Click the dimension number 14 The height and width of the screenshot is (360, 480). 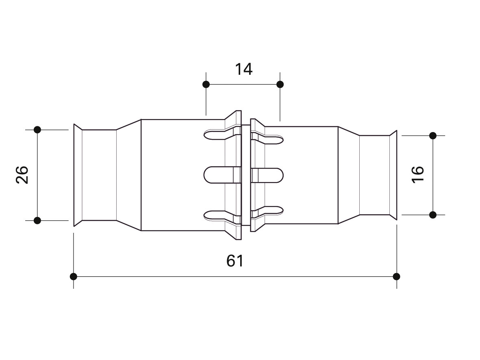[244, 69]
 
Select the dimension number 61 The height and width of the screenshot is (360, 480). [235, 261]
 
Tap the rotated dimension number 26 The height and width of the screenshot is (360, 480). [22, 175]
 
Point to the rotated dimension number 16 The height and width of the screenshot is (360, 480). [418, 175]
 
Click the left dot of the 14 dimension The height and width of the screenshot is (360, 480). [206, 84]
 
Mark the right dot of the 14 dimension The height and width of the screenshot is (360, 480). [280, 84]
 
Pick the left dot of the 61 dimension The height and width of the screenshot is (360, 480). [74, 276]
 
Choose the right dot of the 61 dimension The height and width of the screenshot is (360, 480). [396, 276]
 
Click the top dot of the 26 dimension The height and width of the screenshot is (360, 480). [37, 130]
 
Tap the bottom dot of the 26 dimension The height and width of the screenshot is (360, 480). [37, 220]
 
